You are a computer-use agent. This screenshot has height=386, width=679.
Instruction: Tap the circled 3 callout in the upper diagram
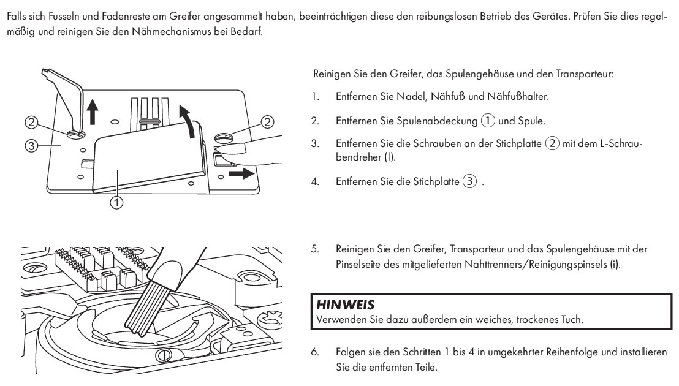pyautogui.click(x=32, y=145)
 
